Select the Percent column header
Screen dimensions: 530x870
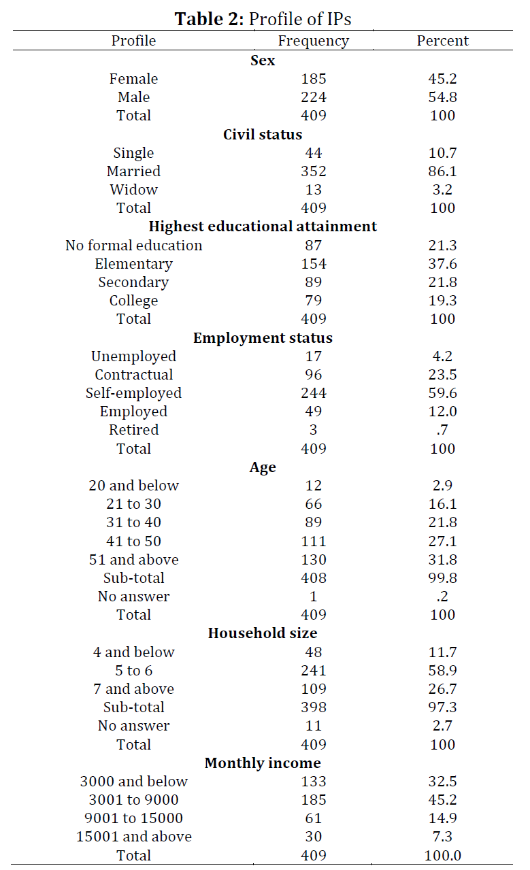[x=442, y=40]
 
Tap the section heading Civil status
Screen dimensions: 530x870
[x=263, y=135]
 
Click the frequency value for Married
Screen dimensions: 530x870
[x=314, y=171]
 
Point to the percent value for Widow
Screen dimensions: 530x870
[x=442, y=190]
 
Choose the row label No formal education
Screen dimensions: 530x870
[x=133, y=246]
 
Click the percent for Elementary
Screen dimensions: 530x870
[x=442, y=264]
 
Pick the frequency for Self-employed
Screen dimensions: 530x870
[x=314, y=393]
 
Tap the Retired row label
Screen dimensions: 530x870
[x=133, y=430]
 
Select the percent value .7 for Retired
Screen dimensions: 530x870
[x=442, y=430]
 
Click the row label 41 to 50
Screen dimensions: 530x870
[x=133, y=541]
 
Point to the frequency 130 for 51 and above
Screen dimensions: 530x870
[x=314, y=560]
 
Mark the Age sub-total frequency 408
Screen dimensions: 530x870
[x=314, y=578]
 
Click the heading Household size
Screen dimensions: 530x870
[x=263, y=633]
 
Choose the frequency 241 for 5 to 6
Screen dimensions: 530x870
[x=314, y=671]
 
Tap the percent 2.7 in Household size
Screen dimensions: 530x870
[x=442, y=726]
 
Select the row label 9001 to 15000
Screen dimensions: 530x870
[x=133, y=818]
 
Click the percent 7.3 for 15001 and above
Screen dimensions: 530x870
[x=442, y=837]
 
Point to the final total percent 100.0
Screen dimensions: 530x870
[x=442, y=856]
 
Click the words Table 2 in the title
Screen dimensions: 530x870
[x=209, y=19]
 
